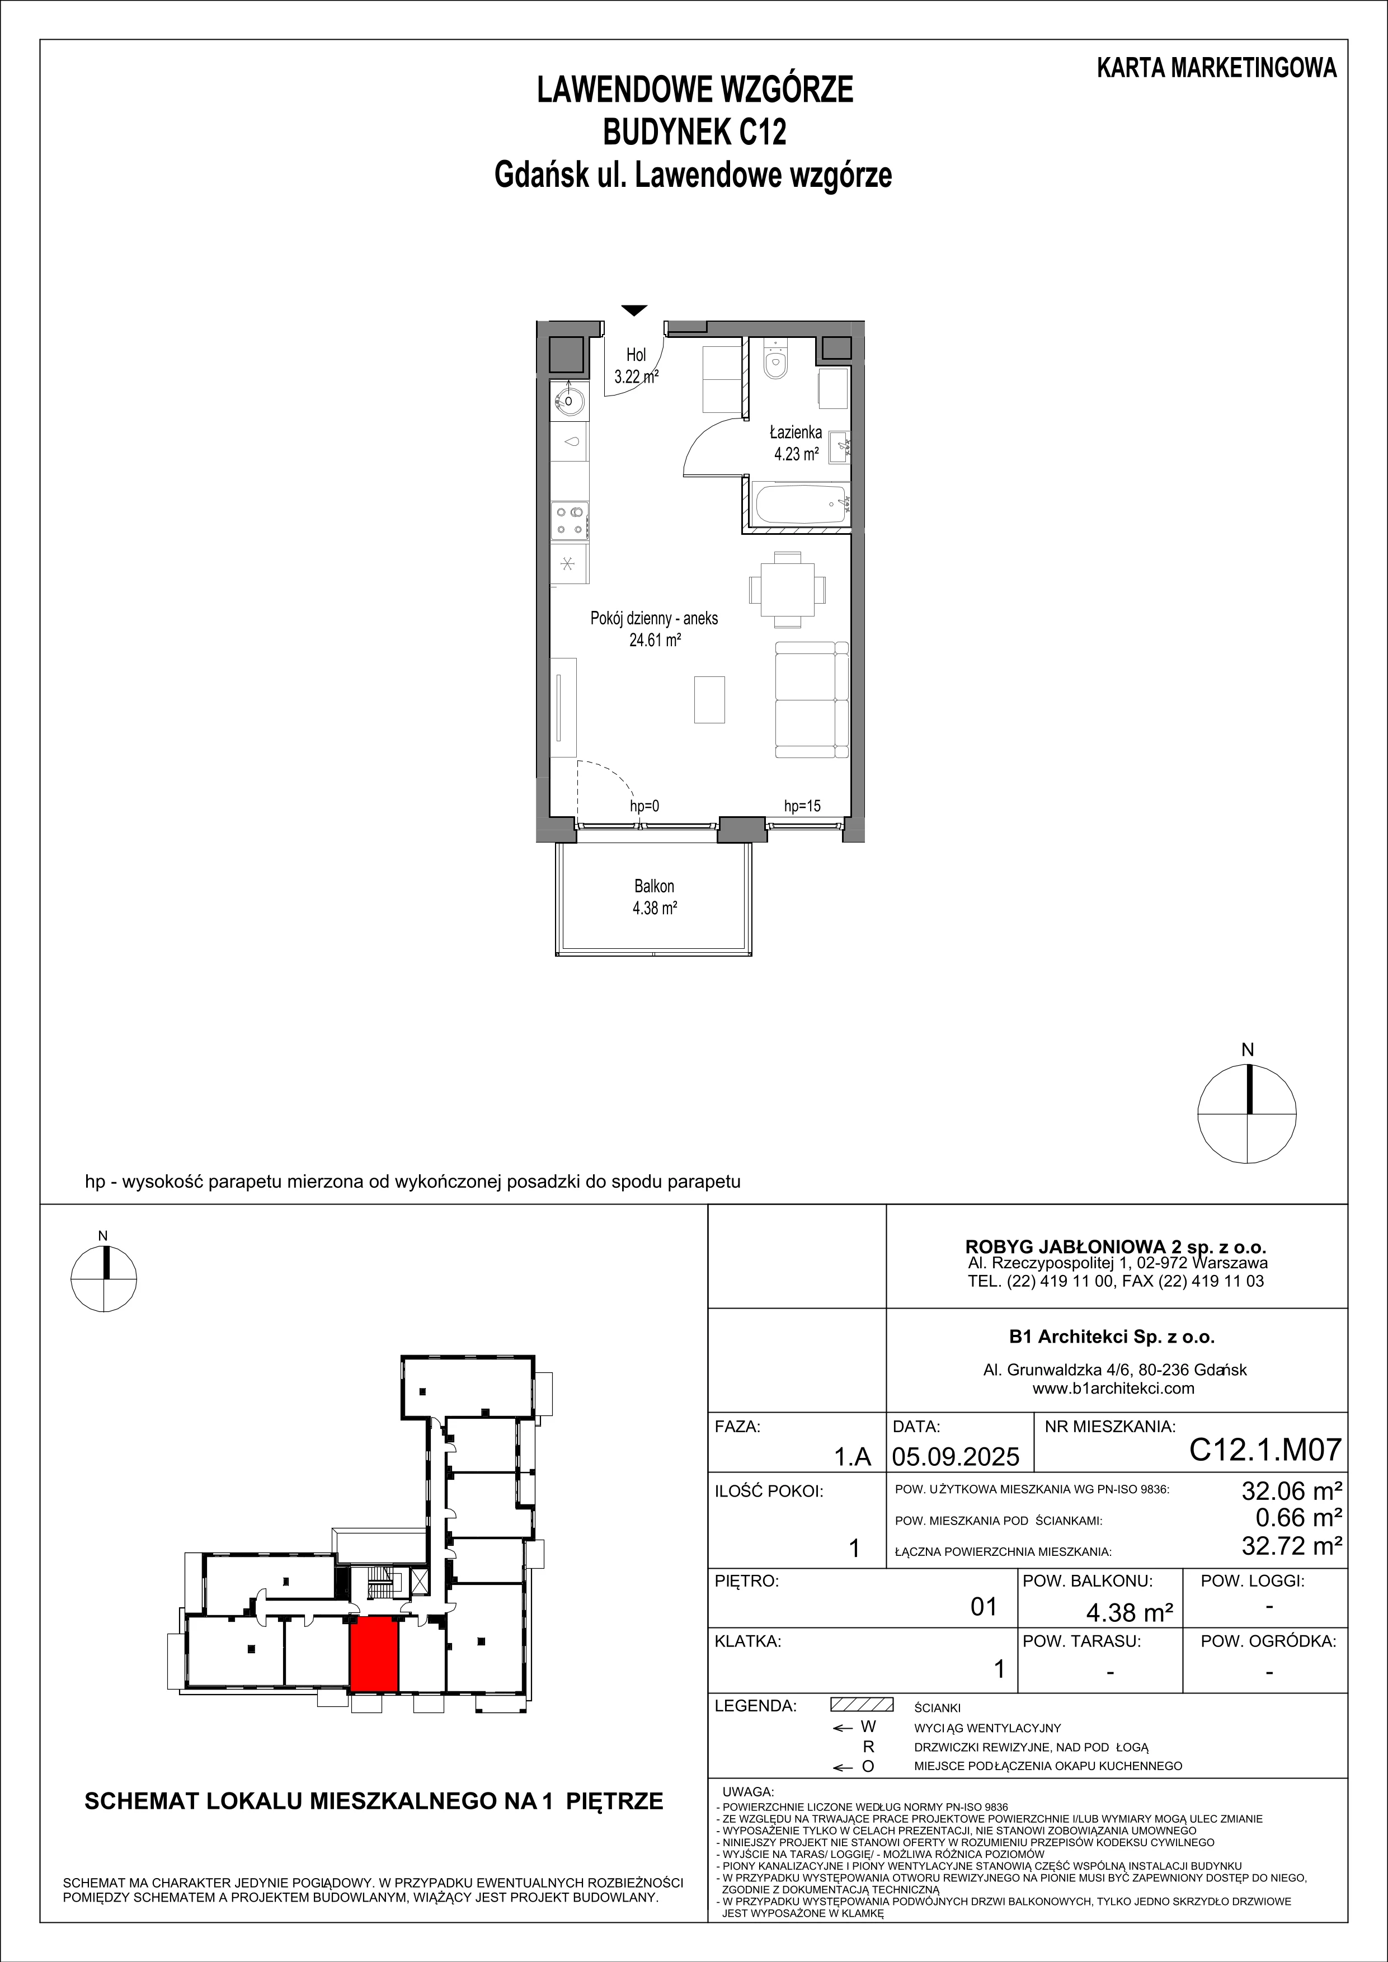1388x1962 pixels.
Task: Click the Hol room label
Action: point(636,355)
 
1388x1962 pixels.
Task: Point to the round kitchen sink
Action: point(566,399)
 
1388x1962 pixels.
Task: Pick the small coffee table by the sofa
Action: point(709,699)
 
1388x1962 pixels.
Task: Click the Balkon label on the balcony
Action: point(655,886)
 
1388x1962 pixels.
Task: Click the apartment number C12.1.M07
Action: point(1266,1450)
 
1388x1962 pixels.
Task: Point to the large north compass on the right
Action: point(1247,1113)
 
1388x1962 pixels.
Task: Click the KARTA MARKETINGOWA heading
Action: point(1217,68)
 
